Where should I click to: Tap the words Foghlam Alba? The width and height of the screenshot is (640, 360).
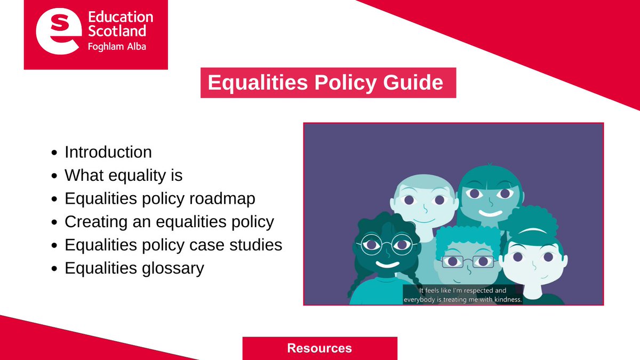coord(116,46)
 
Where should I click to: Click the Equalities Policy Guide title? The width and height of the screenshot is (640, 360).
coord(325,83)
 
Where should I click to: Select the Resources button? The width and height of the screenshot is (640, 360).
coord(320,348)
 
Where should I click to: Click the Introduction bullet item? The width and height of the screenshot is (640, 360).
coord(108,152)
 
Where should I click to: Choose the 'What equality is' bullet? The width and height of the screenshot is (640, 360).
coord(124,175)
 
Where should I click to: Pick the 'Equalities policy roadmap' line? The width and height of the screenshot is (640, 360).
coord(160,198)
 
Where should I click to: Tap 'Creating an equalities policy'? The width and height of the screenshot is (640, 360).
coord(170,221)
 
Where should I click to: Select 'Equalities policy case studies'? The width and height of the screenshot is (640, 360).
coord(173,245)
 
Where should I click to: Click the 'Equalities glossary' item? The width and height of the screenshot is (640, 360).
coord(134,268)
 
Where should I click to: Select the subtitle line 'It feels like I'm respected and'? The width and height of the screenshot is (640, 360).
coord(463,291)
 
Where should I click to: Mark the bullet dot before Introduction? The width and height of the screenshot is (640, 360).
coord(54,153)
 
